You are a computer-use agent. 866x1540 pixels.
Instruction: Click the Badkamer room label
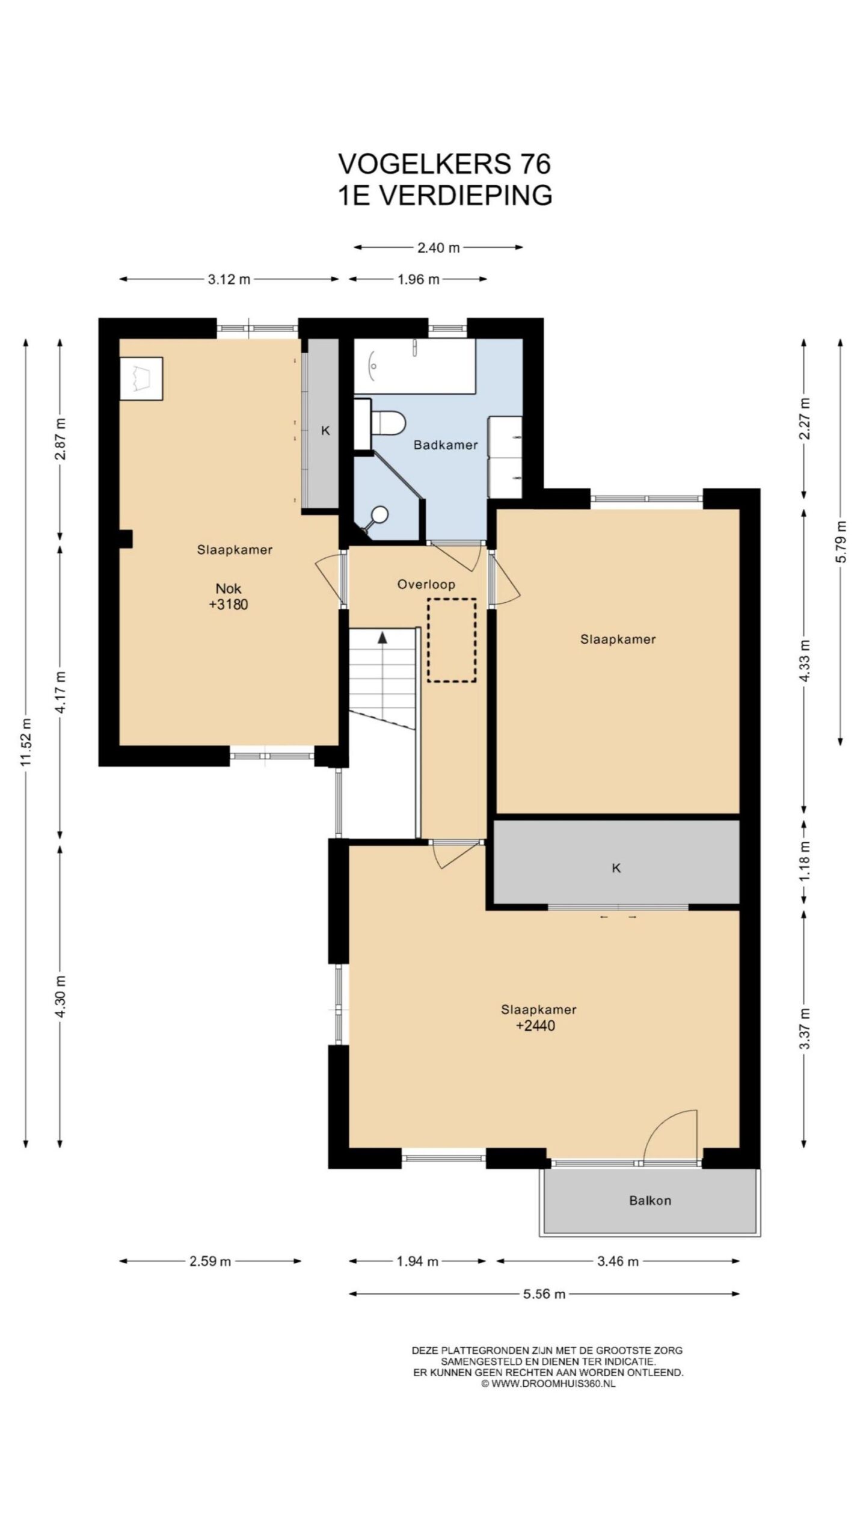446,445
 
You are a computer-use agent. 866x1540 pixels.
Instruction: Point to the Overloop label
426,584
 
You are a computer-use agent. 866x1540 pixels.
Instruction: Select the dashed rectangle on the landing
452,640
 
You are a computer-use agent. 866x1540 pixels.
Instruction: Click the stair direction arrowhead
382,638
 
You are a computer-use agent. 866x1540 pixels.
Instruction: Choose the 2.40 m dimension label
438,247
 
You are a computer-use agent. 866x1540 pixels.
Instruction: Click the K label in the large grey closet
616,868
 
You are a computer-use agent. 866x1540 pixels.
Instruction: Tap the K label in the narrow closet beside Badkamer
326,430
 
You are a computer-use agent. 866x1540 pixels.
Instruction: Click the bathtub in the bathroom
414,366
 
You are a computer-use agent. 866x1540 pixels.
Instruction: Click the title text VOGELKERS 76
444,164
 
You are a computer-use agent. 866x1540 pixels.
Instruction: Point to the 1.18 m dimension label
806,861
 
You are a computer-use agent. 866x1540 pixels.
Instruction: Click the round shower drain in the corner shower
379,514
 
